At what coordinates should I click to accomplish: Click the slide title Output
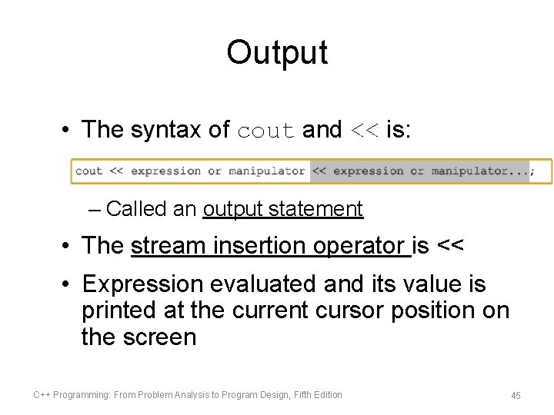pos(277,53)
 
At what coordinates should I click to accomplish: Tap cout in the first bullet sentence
pos(266,131)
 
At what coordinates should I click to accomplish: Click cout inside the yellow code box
pos(88,171)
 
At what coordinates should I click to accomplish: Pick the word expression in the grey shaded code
pos(368,171)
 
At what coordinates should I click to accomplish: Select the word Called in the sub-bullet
pos(129,208)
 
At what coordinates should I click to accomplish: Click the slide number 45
pos(516,395)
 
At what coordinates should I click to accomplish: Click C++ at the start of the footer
pos(41,395)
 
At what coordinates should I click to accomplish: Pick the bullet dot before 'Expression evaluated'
pos(68,284)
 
